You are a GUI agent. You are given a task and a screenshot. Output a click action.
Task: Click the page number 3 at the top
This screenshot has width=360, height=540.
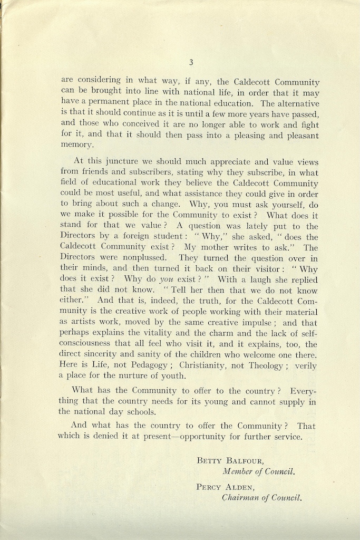191,62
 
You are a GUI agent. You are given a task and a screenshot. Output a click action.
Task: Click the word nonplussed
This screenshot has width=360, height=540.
143,258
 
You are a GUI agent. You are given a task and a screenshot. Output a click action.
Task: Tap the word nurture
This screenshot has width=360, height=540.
138,375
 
